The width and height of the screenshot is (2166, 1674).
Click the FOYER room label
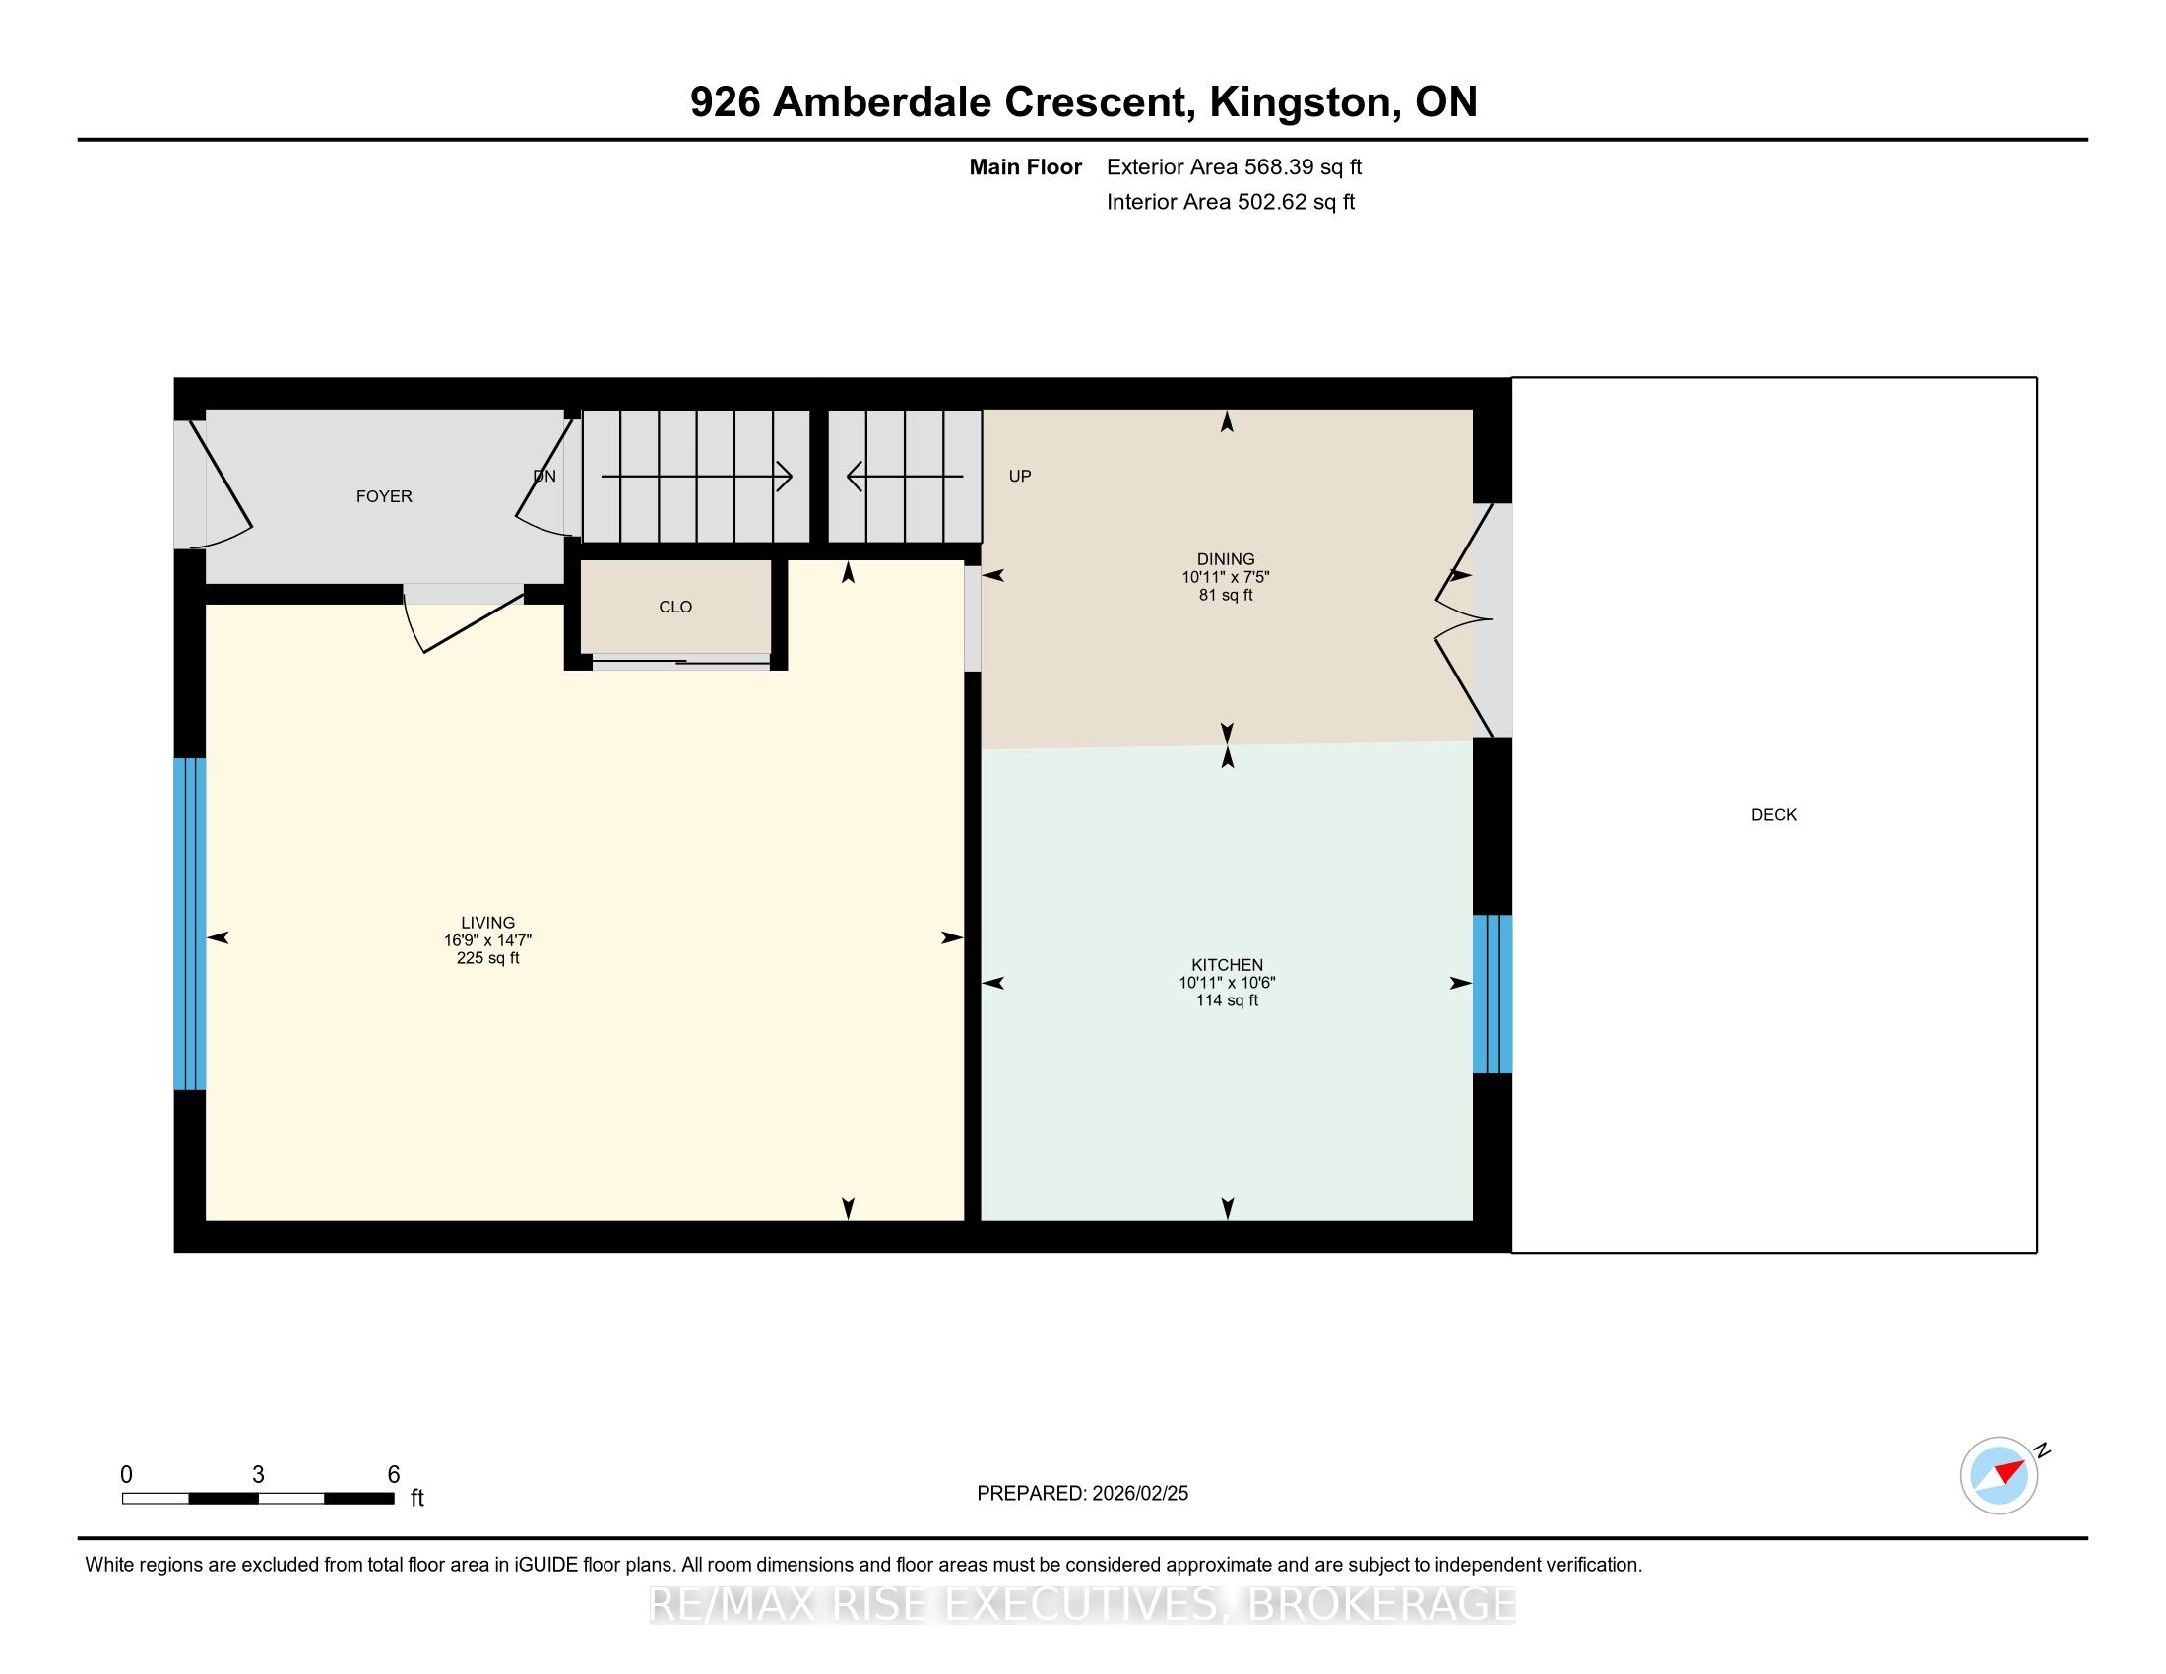[x=384, y=496]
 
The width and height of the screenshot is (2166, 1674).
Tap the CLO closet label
[x=675, y=607]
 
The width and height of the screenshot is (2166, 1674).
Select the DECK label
[x=1773, y=815]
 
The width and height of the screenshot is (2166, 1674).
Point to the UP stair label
[x=1020, y=476]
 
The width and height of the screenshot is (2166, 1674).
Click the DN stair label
[x=544, y=476]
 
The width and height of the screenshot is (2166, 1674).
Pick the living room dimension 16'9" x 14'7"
[x=488, y=940]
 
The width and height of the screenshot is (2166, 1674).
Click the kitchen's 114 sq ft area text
[x=1227, y=1000]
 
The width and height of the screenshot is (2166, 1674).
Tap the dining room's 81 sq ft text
[x=1226, y=595]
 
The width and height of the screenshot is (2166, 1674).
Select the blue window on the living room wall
[x=189, y=925]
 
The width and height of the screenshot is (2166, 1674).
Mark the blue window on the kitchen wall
[x=1492, y=994]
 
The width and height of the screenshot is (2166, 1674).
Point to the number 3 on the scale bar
[x=258, y=1475]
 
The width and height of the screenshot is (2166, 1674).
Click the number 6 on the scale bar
[x=394, y=1475]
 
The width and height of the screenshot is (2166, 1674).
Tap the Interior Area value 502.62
[x=1272, y=202]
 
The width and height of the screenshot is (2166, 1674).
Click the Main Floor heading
[x=1026, y=167]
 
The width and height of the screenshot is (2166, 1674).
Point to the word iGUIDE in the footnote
[x=545, y=1565]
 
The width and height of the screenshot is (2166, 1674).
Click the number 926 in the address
[x=725, y=102]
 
